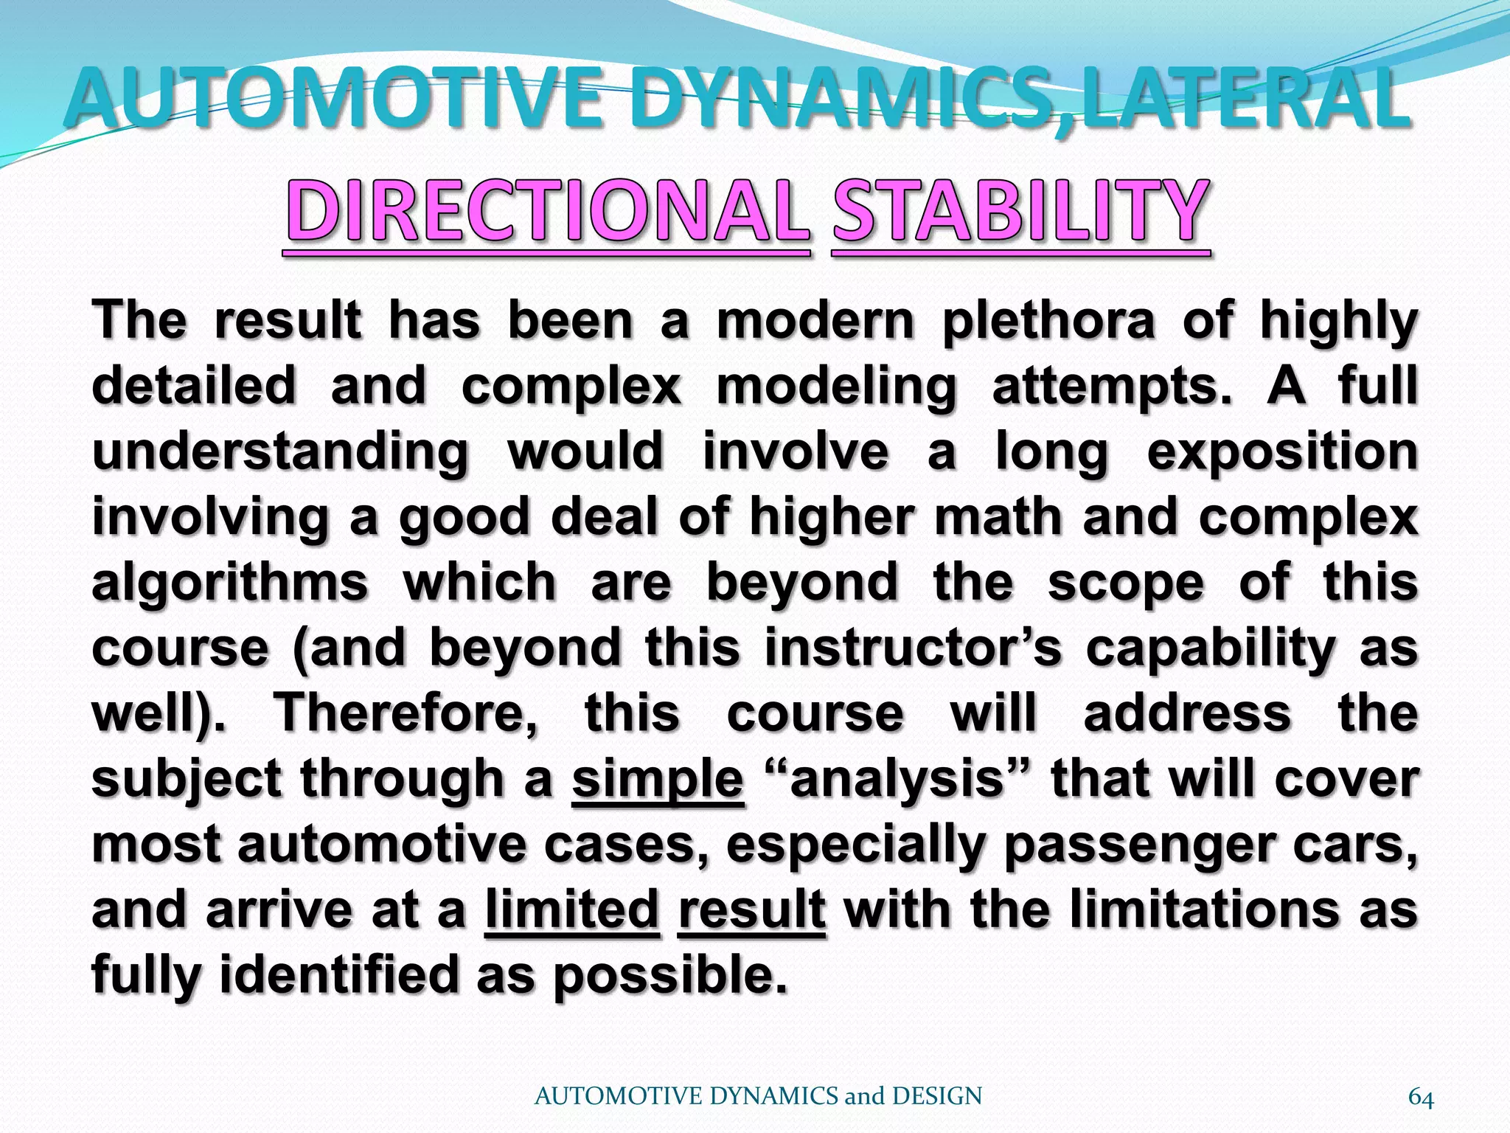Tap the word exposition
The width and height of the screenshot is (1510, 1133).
click(x=1282, y=452)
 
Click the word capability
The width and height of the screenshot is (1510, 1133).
click(x=1210, y=648)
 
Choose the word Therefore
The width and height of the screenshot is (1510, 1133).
click(x=406, y=713)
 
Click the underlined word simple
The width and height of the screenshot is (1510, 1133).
click(x=658, y=779)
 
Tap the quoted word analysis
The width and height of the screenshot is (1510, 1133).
click(x=897, y=779)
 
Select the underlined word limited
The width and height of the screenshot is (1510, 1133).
click(x=572, y=909)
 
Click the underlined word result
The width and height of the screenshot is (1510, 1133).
click(x=751, y=909)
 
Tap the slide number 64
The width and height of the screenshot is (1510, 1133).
click(x=1421, y=1098)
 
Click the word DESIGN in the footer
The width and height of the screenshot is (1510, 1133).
click(x=936, y=1096)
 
